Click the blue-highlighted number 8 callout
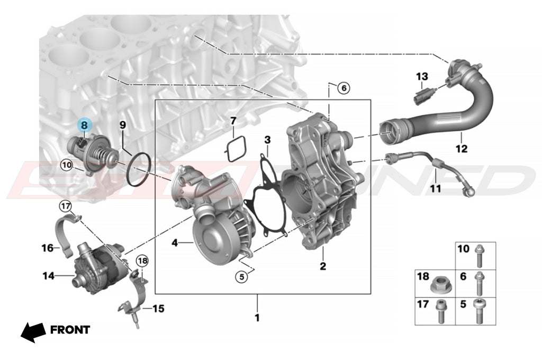point(84,125)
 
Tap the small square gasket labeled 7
point(236,149)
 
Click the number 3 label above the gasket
point(268,140)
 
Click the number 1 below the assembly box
point(257,318)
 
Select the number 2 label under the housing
point(323,266)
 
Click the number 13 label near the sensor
point(421,76)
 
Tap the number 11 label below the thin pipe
point(435,188)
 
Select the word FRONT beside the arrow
point(70,330)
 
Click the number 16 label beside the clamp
point(48,248)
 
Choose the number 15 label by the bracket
point(158,308)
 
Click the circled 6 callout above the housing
point(344,88)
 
